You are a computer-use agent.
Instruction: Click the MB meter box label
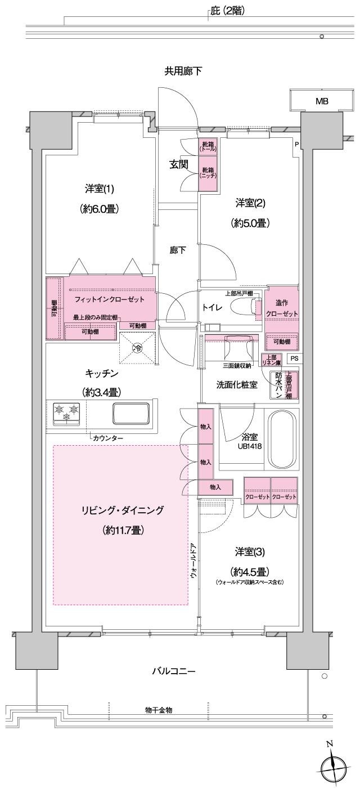click(321, 101)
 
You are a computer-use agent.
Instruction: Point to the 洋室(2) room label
click(250, 203)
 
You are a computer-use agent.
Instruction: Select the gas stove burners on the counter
click(66, 413)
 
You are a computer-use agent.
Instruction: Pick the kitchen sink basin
click(131, 414)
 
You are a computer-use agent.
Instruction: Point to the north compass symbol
click(331, 768)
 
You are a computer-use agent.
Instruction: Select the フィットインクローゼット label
click(109, 299)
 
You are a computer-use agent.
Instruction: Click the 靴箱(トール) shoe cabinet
click(208, 147)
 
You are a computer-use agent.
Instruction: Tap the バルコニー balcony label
click(173, 671)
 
